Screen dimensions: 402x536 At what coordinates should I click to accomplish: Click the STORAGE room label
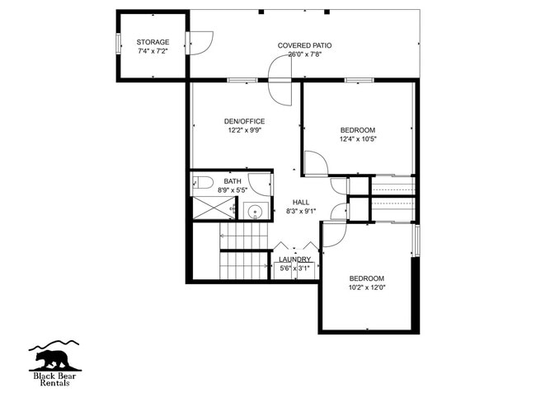pyautogui.click(x=153, y=42)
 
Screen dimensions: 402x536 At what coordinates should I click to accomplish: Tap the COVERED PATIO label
pyautogui.click(x=305, y=45)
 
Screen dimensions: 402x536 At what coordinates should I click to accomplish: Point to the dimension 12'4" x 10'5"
pyautogui.click(x=358, y=139)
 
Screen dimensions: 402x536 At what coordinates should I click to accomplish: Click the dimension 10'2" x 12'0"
pyautogui.click(x=366, y=287)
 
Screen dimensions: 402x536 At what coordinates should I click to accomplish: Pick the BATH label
pyautogui.click(x=233, y=181)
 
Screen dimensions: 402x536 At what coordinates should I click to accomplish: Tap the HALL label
pyautogui.click(x=300, y=202)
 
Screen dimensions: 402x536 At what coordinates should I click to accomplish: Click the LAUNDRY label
pyautogui.click(x=294, y=259)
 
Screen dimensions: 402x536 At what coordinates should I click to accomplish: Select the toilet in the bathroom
pyautogui.click(x=204, y=182)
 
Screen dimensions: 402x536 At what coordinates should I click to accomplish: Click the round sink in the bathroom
pyautogui.click(x=256, y=212)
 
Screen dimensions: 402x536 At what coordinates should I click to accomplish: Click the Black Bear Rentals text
pyautogui.click(x=56, y=378)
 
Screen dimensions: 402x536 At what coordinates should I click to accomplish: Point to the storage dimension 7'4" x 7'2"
pyautogui.click(x=153, y=51)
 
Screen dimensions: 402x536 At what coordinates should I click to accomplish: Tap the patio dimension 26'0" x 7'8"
pyautogui.click(x=305, y=54)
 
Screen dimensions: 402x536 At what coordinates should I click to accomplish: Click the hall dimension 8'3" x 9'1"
pyautogui.click(x=300, y=211)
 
